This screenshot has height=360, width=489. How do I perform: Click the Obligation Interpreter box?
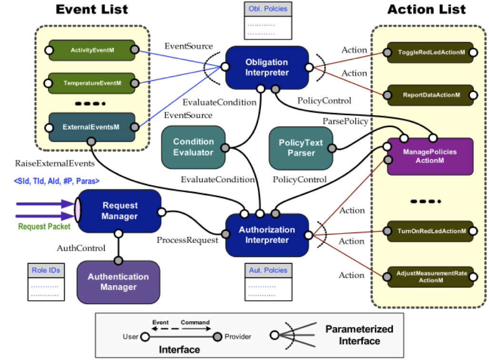point(267,68)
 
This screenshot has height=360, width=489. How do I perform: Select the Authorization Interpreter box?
point(267,235)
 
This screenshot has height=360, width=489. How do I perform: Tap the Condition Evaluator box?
point(193,147)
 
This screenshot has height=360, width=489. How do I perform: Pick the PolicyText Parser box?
point(300,148)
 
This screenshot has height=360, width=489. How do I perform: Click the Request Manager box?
point(120,211)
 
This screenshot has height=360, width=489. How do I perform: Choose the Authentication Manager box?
point(118,282)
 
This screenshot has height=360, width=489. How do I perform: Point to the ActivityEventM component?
point(92,50)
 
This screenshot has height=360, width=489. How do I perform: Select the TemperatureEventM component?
point(92,83)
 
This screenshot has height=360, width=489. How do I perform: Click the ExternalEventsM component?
point(92,127)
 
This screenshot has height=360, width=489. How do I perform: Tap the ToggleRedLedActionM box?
point(430,52)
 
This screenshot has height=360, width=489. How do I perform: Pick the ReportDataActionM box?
point(430,95)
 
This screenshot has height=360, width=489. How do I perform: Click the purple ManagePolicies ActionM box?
point(429,156)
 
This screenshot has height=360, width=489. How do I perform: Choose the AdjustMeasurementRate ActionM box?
point(430,277)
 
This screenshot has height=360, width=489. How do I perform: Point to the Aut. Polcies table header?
point(268,270)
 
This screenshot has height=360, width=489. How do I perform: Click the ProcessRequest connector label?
point(187,240)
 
